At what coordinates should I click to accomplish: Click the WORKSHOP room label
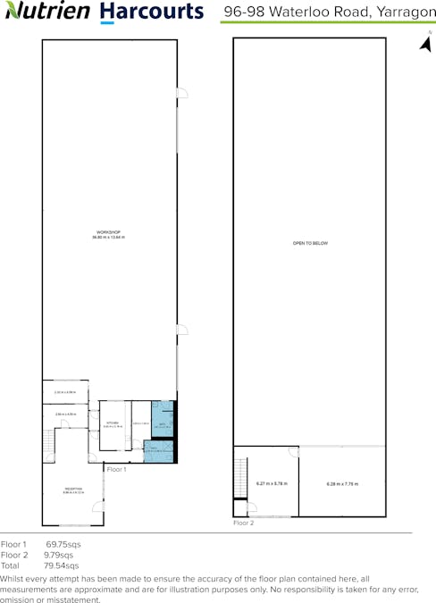pyautogui.click(x=108, y=234)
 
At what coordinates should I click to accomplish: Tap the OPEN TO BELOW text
pyautogui.click(x=310, y=243)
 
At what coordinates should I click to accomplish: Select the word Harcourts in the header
pyautogui.click(x=151, y=12)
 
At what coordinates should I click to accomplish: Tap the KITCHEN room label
pyautogui.click(x=113, y=423)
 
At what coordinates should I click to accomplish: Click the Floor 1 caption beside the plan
pyautogui.click(x=117, y=469)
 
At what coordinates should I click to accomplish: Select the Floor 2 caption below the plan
pyautogui.click(x=243, y=523)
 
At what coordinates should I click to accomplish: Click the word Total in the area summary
pyautogui.click(x=11, y=565)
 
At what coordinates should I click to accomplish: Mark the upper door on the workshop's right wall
pyautogui.click(x=181, y=93)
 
